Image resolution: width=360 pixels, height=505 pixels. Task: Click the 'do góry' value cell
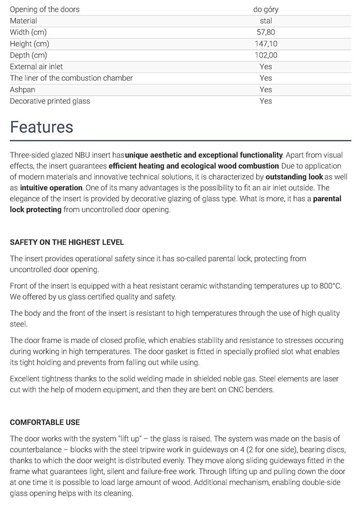[266, 9]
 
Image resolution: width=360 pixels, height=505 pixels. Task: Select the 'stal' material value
[266, 21]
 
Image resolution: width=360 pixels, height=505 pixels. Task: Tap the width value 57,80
[266, 32]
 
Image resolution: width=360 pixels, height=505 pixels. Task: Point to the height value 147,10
[266, 44]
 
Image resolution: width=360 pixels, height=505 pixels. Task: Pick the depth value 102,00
[266, 55]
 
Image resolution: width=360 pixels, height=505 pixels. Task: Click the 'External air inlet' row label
[37, 66]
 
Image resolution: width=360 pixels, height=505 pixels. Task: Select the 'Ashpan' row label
[23, 90]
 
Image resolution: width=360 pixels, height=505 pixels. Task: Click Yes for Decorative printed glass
[266, 101]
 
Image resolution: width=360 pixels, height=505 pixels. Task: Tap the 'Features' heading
[42, 127]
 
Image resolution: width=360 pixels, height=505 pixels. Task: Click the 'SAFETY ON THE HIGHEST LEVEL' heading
[67, 242]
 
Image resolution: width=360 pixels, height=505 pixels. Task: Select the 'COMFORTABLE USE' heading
[45, 422]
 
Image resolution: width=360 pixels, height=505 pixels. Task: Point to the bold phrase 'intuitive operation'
[51, 188]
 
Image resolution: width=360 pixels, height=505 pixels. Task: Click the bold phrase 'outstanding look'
[294, 177]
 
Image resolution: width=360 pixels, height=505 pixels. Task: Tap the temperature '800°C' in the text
[331, 286]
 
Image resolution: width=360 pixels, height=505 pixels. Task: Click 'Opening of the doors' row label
[45, 9]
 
